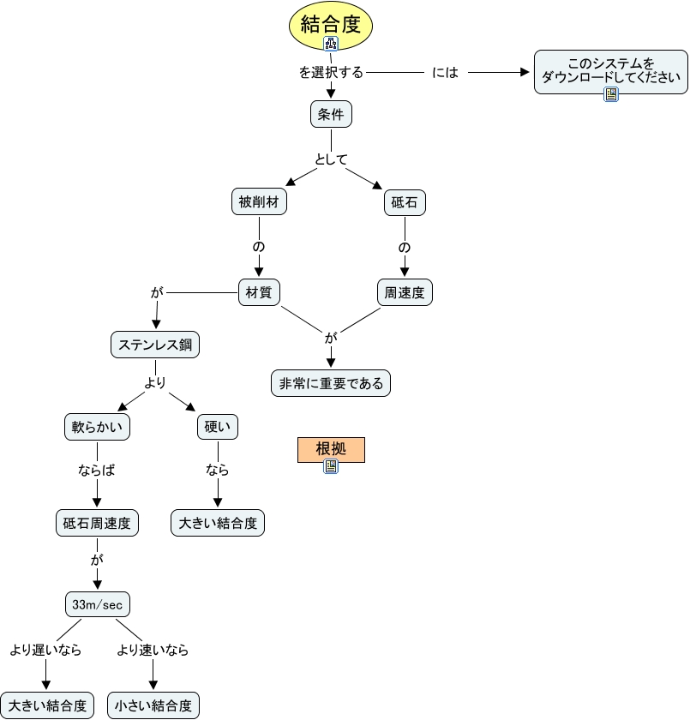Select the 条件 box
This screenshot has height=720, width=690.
pos(331,114)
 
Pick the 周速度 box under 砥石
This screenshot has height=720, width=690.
pos(405,292)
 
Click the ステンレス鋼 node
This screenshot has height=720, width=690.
pos(155,345)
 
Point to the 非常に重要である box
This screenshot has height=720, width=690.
pos(331,383)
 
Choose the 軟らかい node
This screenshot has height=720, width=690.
pos(97,427)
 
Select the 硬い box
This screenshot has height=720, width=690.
pos(218,427)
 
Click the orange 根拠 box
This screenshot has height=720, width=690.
pos(331,449)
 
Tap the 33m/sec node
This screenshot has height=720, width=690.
pos(97,604)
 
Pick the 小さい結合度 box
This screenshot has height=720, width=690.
pos(153,705)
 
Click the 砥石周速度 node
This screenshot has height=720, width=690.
pos(97,522)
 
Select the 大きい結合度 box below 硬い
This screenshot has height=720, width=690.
pos(218,522)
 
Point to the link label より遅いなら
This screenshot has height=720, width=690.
pos(45,650)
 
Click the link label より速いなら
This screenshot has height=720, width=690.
pos(153,650)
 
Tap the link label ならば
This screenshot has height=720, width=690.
pos(97,471)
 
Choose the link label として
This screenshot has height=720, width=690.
pos(331,159)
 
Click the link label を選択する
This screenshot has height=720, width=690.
pos(331,73)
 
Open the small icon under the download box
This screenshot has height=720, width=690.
pos(611,94)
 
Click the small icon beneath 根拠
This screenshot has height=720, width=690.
pos(331,466)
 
